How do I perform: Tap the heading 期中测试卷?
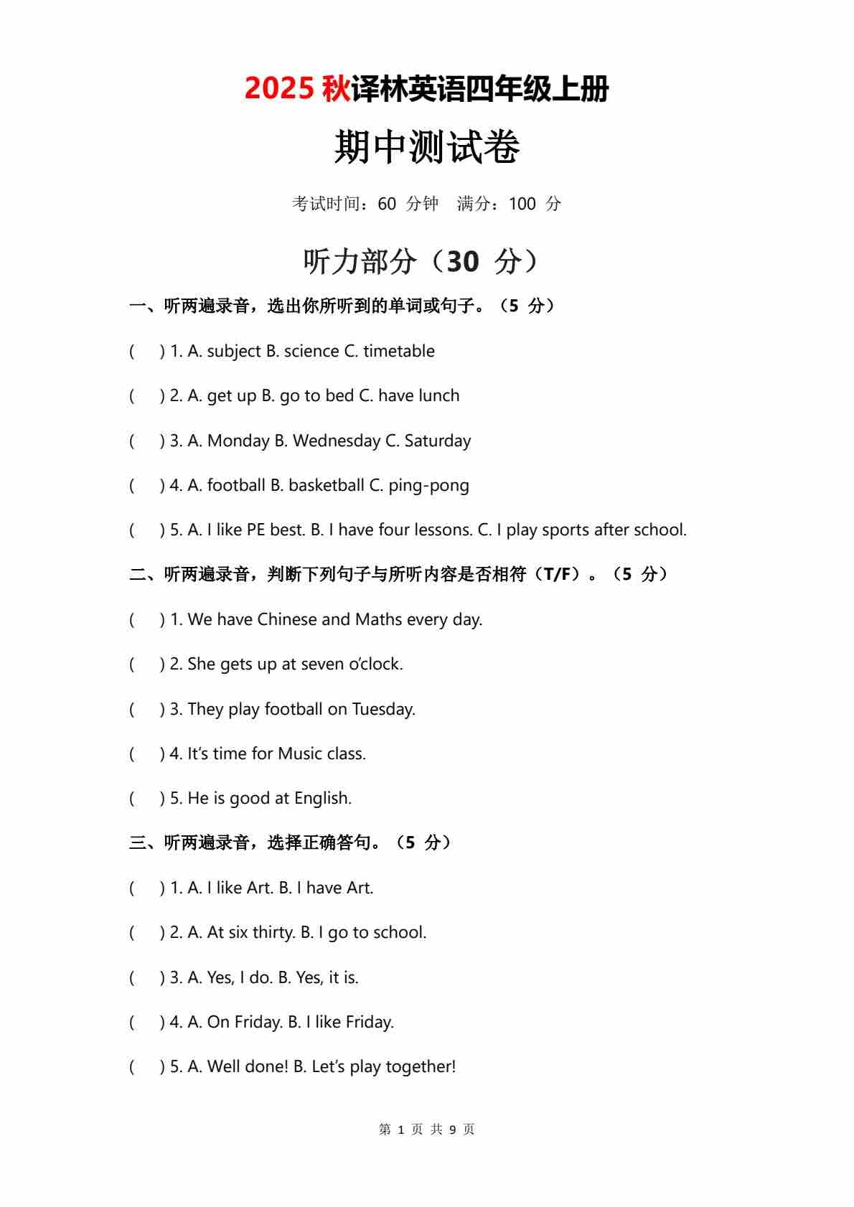click(427, 148)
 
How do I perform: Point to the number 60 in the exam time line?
click(387, 205)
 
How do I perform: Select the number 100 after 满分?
click(522, 205)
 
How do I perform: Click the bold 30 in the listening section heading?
click(462, 262)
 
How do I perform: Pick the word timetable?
click(398, 352)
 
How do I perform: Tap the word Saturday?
click(438, 441)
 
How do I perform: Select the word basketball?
click(327, 486)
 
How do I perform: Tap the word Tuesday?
click(383, 709)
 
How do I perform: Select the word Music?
click(300, 753)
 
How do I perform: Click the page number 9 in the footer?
click(453, 1129)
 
